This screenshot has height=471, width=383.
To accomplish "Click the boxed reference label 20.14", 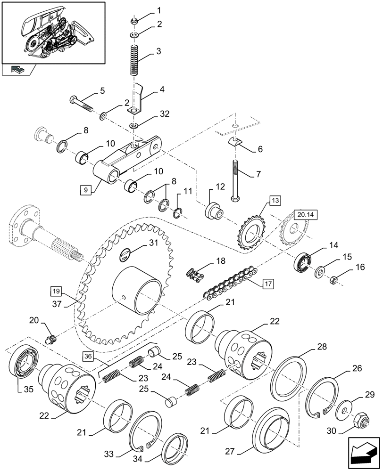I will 305,215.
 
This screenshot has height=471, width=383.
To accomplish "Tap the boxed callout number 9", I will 86,190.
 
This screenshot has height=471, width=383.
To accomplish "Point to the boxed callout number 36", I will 88,357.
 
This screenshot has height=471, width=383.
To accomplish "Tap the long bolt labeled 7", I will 235,179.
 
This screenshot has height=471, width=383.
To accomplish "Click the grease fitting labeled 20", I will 51,339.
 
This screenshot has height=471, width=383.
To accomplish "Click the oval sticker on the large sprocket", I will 126,254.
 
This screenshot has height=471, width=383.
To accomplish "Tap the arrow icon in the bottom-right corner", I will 363,454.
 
